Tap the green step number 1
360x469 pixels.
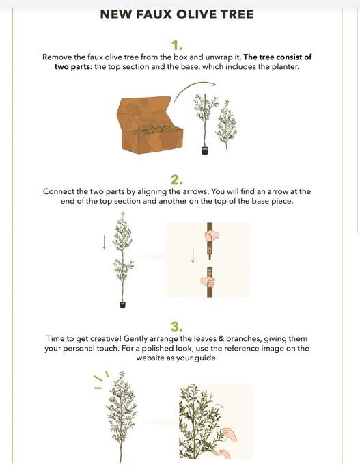tap(177, 46)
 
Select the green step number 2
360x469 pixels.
tap(177, 179)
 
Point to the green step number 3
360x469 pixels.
tap(177, 326)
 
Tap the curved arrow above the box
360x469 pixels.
tap(195, 89)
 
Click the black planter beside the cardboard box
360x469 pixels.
tap(205, 150)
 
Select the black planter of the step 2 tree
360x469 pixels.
tap(122, 304)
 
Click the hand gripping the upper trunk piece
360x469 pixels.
tap(212, 236)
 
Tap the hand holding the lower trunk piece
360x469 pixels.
tap(208, 282)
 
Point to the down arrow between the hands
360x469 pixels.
tap(193, 256)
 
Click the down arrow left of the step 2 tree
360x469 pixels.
tap(104, 242)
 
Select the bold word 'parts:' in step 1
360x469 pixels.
tap(81, 66)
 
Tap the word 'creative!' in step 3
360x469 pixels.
tap(106, 338)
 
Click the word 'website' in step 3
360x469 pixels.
tap(150, 358)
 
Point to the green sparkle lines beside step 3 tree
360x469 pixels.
tap(101, 380)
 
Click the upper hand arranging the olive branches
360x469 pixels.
tap(230, 435)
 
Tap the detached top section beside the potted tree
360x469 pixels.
tap(227, 124)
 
